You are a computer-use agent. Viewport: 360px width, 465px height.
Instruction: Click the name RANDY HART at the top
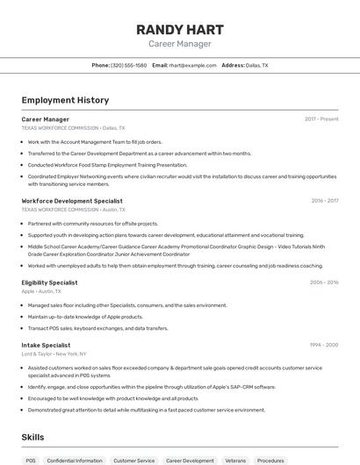tap(179, 29)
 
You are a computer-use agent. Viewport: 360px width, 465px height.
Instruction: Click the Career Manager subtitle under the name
tap(179, 43)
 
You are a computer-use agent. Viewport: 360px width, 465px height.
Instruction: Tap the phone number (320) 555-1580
tap(129, 65)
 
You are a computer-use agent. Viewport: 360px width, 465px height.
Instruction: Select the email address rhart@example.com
tap(192, 65)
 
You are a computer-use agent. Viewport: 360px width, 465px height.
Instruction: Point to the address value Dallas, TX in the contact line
tap(257, 65)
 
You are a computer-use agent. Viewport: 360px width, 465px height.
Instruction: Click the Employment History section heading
tap(65, 100)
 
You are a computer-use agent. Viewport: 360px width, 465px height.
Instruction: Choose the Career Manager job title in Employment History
tap(46, 118)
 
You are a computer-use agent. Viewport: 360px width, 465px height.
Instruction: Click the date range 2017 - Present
tap(321, 118)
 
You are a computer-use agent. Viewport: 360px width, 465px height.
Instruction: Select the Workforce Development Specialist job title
tap(72, 200)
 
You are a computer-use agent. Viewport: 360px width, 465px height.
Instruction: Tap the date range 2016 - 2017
tap(324, 200)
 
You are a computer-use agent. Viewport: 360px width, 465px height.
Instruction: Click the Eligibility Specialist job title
tap(49, 283)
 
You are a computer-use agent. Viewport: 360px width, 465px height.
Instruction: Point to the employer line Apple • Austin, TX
tap(41, 291)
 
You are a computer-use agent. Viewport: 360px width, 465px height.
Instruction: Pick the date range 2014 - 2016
tap(324, 283)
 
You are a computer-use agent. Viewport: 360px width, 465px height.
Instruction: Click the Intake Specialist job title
tap(46, 345)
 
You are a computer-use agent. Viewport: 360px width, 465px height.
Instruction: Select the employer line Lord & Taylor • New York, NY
tap(54, 354)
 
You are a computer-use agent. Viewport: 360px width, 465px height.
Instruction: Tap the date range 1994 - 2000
tap(324, 345)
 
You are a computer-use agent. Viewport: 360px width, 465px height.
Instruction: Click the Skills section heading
tap(33, 436)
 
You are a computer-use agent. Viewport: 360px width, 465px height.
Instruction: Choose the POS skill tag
tap(31, 460)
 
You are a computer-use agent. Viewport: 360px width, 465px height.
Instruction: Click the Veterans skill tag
tap(235, 460)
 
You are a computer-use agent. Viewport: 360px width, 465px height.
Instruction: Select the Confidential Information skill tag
tap(75, 460)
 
